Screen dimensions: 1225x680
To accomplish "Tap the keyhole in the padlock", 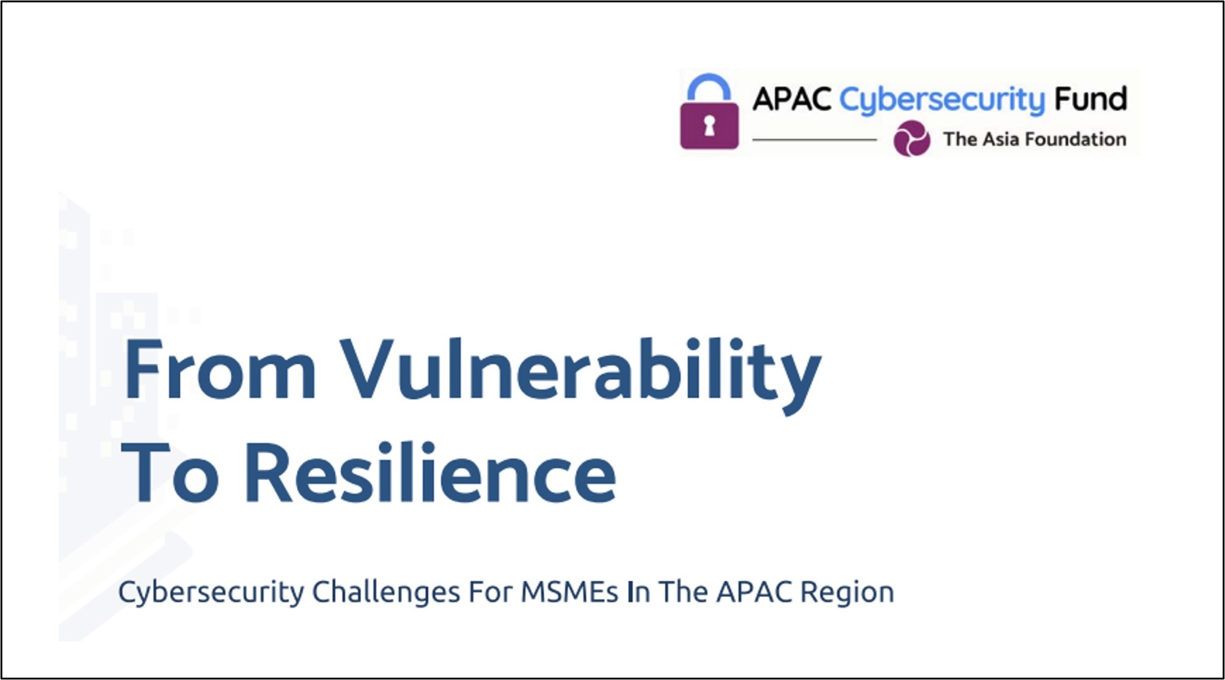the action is [x=709, y=125].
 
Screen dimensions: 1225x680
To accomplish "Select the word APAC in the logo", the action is [x=792, y=99].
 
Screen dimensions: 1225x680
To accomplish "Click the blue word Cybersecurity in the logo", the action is [x=942, y=100].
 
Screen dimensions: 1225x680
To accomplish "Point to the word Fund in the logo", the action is [x=1090, y=99].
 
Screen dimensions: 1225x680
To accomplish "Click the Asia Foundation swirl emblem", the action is [x=912, y=138].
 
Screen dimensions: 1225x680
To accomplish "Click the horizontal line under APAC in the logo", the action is [x=814, y=140].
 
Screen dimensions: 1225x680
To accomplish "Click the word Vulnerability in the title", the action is [x=581, y=375].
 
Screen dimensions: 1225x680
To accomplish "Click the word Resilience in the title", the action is [x=430, y=472].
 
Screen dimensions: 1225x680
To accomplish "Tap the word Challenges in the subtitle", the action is [x=386, y=592].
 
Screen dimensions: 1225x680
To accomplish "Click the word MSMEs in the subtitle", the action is [x=570, y=592].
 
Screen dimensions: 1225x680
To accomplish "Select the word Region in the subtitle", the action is [x=847, y=592].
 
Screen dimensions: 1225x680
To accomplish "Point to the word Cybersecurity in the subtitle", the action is [x=211, y=592].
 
